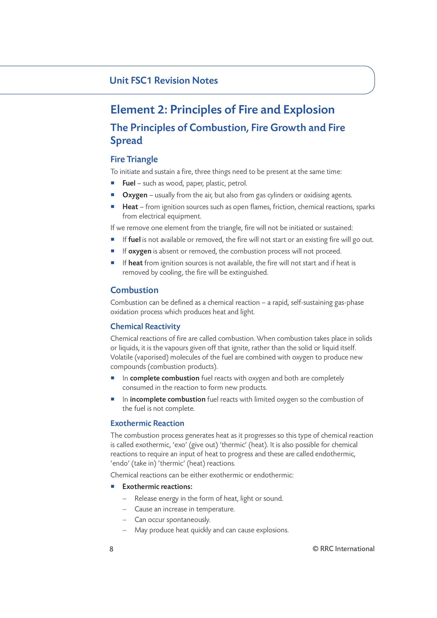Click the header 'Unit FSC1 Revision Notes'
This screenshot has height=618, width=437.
pos(163,81)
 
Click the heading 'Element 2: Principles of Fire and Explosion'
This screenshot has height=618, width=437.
pos(222,110)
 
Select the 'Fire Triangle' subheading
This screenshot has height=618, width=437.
pos(134,159)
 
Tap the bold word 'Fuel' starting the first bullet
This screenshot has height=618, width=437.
pos(129,183)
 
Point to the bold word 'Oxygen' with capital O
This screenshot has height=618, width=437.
pos(135,195)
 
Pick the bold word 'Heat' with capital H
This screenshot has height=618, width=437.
pos(130,207)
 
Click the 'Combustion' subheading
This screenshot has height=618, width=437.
pos(134,290)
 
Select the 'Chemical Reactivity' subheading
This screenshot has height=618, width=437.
pos(145,326)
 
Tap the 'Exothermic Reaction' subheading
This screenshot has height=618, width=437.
pos(147,423)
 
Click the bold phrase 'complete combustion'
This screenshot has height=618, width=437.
pos(165,378)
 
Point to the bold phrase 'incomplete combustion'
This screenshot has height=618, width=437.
pos(168,399)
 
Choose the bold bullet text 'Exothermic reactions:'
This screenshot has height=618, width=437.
pos(157,487)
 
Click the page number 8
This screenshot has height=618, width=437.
pos(111,549)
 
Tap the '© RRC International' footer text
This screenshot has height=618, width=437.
pos(343,549)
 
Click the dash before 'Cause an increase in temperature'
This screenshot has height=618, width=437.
pos(125,509)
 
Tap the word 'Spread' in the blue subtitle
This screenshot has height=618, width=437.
pos(126,141)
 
